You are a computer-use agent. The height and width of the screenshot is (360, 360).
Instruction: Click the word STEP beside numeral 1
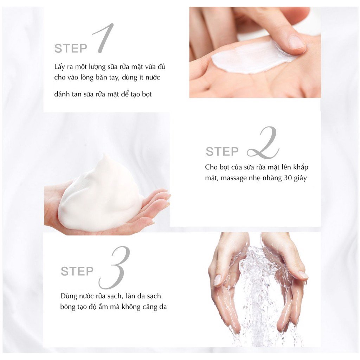tap(71, 49)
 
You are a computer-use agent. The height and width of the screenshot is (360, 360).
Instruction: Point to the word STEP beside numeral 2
tap(222, 152)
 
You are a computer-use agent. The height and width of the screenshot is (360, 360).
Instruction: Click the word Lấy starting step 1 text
tap(60, 67)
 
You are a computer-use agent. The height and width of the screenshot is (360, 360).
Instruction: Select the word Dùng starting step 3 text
tap(69, 296)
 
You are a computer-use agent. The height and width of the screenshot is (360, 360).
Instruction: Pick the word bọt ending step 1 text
tap(147, 94)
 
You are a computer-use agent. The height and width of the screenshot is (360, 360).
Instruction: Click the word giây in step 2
tap(300, 178)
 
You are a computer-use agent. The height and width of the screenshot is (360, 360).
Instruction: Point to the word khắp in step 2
tap(301, 167)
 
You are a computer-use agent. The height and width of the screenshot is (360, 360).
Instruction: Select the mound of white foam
tap(101, 195)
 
